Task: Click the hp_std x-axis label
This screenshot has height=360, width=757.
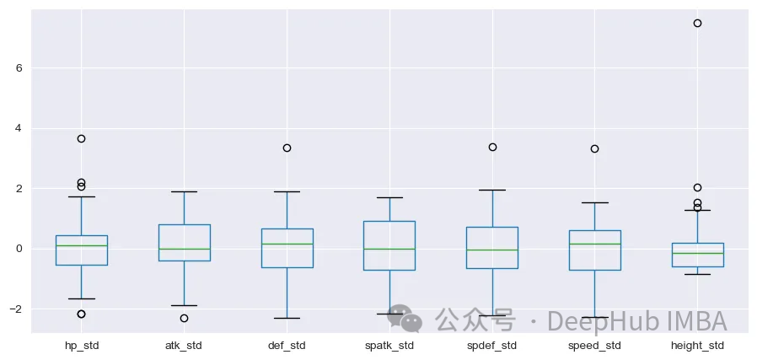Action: tap(82, 345)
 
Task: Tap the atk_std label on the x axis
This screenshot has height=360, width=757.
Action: tap(184, 345)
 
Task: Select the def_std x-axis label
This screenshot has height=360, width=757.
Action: tap(287, 345)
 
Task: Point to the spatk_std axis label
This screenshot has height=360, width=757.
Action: tap(389, 345)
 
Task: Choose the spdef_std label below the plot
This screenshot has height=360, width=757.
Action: tap(492, 345)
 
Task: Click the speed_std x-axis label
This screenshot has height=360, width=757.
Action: tap(594, 345)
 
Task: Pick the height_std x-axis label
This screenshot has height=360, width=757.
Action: tap(697, 345)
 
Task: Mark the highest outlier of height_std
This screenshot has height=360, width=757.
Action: tap(697, 23)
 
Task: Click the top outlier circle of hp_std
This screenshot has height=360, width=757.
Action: tap(81, 138)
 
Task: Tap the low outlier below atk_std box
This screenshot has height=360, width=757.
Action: tap(184, 318)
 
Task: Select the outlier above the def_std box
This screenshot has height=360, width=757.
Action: tap(287, 148)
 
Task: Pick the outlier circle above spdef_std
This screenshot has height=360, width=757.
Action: tap(492, 147)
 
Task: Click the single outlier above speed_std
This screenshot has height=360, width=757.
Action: tap(594, 148)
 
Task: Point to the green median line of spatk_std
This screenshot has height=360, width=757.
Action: tap(389, 249)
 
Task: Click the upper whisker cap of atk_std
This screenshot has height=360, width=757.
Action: tap(184, 191)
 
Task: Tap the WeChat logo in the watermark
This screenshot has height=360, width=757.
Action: tap(405, 319)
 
